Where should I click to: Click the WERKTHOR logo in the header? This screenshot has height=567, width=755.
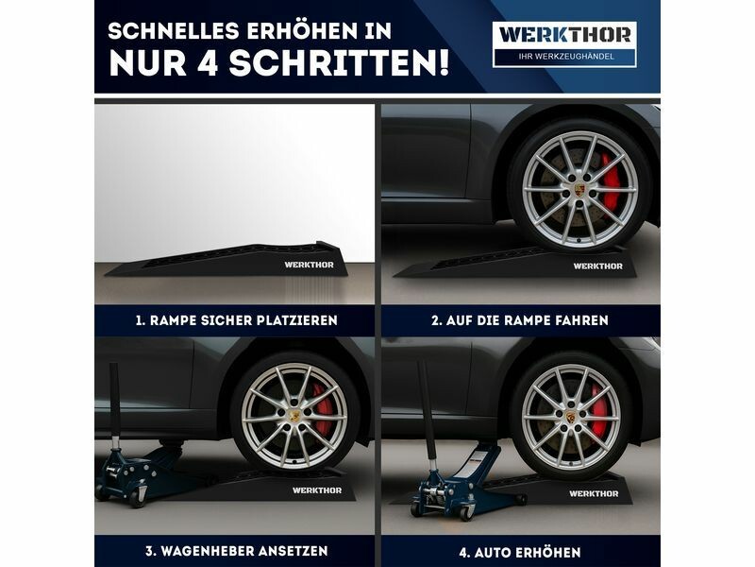pos(564,35)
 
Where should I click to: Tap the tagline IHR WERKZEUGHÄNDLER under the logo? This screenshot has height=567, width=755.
pos(566,57)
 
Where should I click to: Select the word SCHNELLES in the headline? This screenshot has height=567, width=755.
pos(174,31)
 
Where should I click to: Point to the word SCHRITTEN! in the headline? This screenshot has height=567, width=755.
pos(339,62)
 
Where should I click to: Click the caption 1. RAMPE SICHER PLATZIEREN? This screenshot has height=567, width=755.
pos(237,320)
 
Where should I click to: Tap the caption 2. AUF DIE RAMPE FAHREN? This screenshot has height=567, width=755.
pos(520,320)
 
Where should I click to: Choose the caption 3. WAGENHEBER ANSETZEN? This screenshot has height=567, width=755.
pos(237,551)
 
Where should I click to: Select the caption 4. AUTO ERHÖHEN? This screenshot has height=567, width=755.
pos(520,552)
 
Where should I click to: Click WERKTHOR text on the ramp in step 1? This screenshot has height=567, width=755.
pos(309,265)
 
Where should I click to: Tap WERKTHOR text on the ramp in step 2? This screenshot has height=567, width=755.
pos(597,266)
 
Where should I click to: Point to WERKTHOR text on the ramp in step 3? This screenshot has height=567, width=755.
pos(317,490)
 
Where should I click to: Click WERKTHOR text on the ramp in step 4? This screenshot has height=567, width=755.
pos(594,493)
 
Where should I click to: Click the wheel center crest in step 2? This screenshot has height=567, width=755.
pos(579,189)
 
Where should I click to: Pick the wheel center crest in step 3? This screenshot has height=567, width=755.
pos(294,416)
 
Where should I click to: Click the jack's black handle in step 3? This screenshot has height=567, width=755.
pos(114,399)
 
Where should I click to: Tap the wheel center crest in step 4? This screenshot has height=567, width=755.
pos(571,417)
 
